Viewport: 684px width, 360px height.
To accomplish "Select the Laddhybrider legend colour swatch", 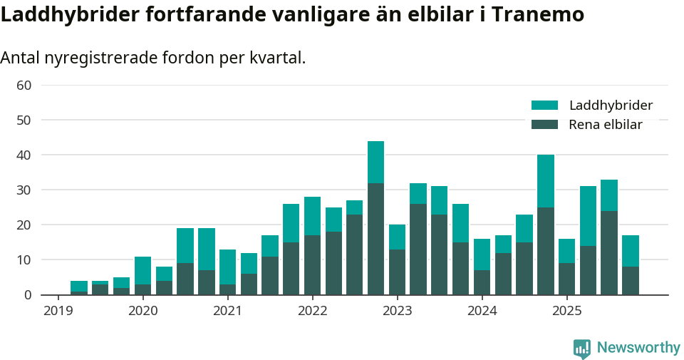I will point(545,106).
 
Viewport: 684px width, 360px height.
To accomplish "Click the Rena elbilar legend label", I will point(605,125).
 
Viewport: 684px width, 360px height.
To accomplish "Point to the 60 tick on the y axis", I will point(24,86).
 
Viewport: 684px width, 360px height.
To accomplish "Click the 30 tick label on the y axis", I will point(24,190).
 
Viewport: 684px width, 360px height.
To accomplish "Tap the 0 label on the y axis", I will point(28,295).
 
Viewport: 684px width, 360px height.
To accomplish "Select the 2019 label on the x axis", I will point(58,311).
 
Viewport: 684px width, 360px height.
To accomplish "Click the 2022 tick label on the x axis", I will point(312,311).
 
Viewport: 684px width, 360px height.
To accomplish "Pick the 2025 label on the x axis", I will point(567,311).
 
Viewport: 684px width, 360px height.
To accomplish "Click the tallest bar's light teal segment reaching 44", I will point(375,162).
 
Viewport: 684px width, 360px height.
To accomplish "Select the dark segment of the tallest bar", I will point(375,239).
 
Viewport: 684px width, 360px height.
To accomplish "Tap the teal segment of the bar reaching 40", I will point(546,181).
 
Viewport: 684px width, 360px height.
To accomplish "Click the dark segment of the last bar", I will point(631,281).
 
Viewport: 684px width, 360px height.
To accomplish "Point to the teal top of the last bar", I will point(631,251).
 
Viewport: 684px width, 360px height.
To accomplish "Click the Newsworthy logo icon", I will point(582,349).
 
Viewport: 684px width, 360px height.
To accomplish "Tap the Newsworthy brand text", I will point(638,348).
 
